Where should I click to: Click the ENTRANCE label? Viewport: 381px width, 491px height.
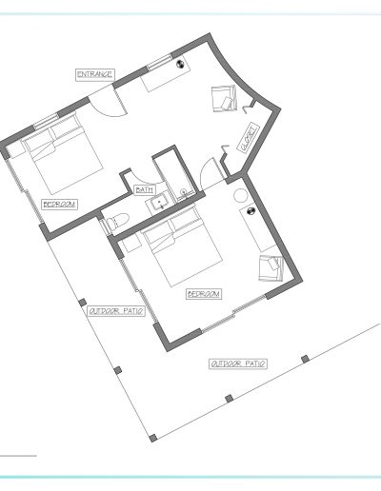[95, 74]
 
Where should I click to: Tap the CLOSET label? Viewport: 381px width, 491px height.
[249, 138]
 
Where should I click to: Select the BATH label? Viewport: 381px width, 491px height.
[145, 189]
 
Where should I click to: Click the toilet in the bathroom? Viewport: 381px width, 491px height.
[116, 221]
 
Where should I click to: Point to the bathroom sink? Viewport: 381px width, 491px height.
[159, 202]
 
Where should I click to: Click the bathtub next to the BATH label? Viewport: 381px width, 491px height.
[173, 174]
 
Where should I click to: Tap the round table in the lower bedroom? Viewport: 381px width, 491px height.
[240, 196]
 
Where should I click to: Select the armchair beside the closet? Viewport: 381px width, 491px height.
[225, 99]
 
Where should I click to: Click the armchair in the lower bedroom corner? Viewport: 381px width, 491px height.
[271, 268]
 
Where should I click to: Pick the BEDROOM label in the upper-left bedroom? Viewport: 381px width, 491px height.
[60, 204]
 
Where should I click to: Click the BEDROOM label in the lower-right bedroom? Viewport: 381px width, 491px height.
[204, 294]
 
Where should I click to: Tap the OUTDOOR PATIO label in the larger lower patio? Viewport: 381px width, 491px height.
[238, 363]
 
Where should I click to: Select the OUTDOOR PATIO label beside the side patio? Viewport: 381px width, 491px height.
[116, 311]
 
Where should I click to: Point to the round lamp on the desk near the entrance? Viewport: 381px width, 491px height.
[180, 64]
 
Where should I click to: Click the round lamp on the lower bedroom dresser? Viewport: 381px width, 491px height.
[251, 210]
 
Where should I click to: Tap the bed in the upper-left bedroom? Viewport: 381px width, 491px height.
[63, 154]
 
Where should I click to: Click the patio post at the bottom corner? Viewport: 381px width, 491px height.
[152, 438]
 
